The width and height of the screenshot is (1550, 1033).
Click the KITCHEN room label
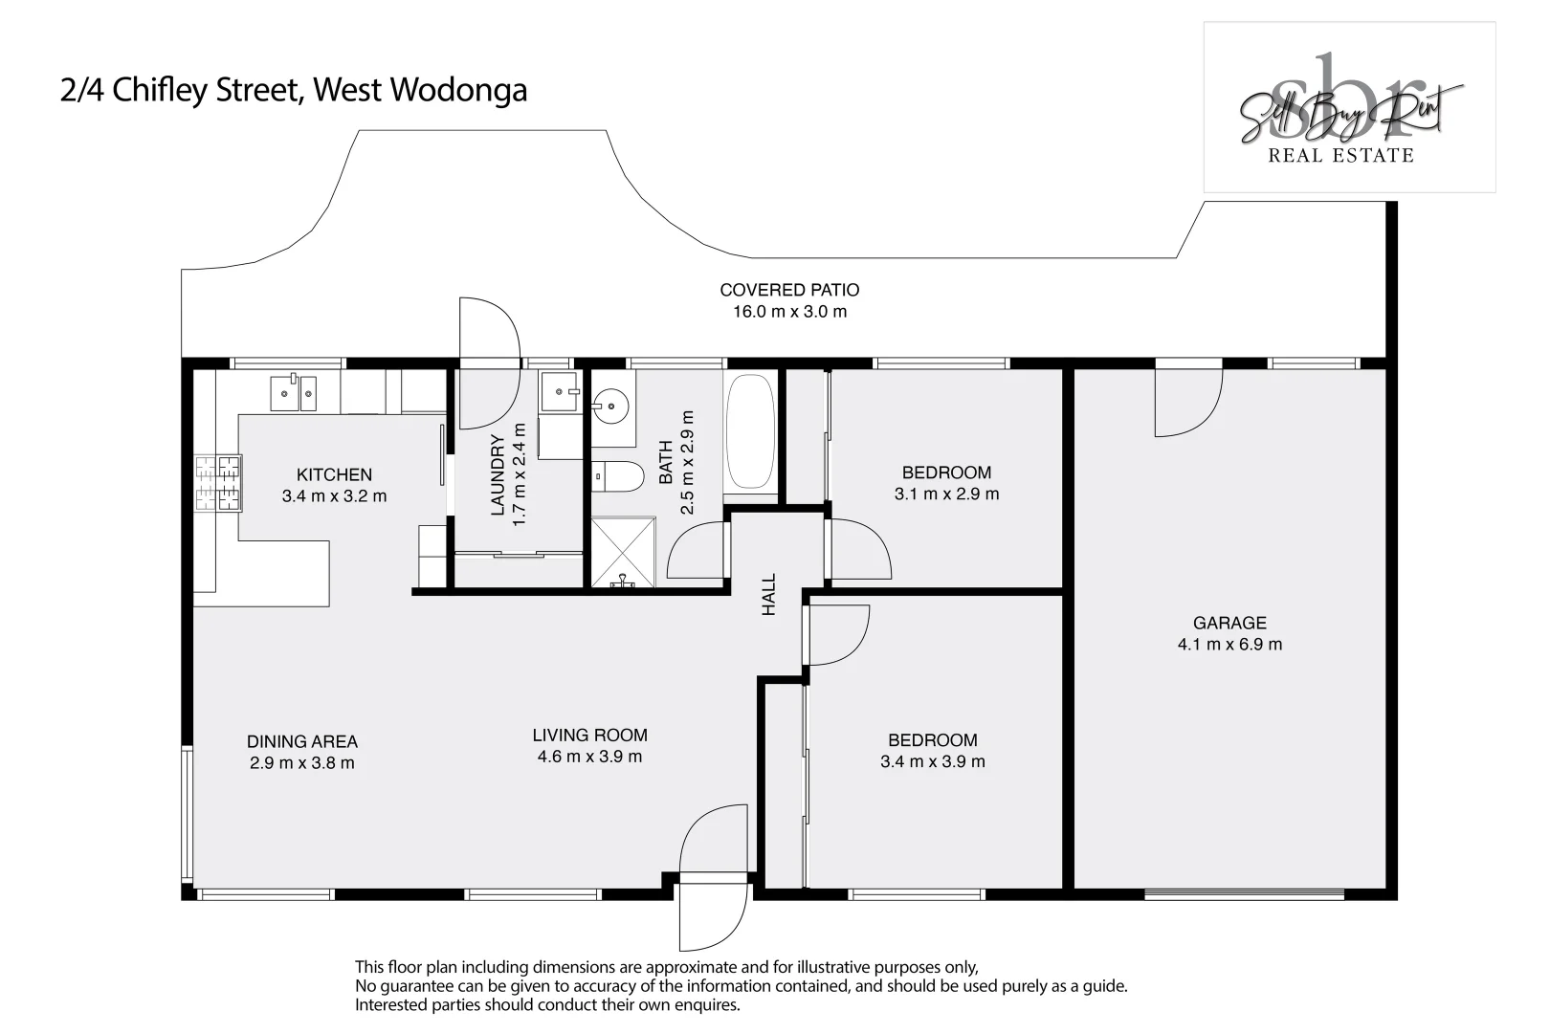[334, 474]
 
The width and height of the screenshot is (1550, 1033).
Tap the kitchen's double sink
[293, 392]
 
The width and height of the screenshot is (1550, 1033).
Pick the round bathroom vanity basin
[610, 407]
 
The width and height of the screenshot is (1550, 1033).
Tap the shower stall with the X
[623, 551]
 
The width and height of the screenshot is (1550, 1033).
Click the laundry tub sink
[560, 391]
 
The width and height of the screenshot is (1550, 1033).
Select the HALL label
[769, 594]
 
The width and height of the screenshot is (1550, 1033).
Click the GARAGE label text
[1229, 623]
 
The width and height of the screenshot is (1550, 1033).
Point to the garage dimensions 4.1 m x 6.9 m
[1229, 645]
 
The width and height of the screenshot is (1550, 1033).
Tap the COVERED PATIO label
[789, 290]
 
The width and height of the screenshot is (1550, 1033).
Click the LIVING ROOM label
[589, 735]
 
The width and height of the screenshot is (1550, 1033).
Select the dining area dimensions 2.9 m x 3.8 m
[302, 763]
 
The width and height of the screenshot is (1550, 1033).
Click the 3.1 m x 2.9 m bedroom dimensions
[946, 495]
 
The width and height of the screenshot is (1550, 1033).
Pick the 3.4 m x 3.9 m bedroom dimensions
[932, 762]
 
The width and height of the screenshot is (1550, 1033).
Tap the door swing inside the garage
[1186, 404]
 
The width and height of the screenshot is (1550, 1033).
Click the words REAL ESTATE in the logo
[1340, 155]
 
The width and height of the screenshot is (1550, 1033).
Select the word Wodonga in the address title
[459, 90]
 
